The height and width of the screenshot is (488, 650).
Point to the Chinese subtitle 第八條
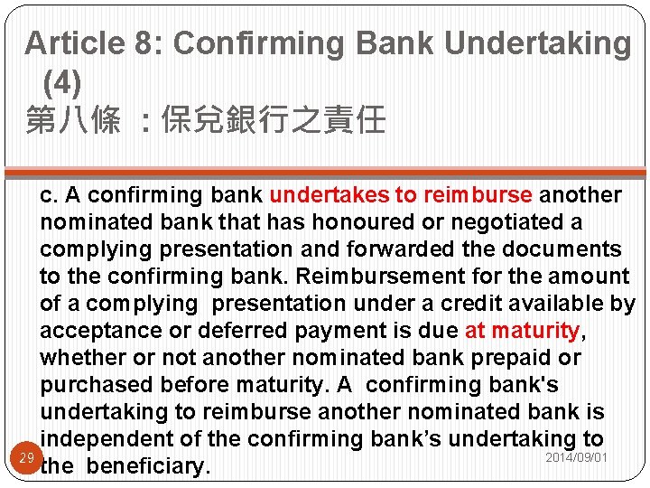[73, 119]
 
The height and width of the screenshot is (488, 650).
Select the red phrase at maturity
[521, 331]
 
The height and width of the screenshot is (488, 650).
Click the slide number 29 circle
[26, 459]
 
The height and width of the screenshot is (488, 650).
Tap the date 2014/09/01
[576, 458]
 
